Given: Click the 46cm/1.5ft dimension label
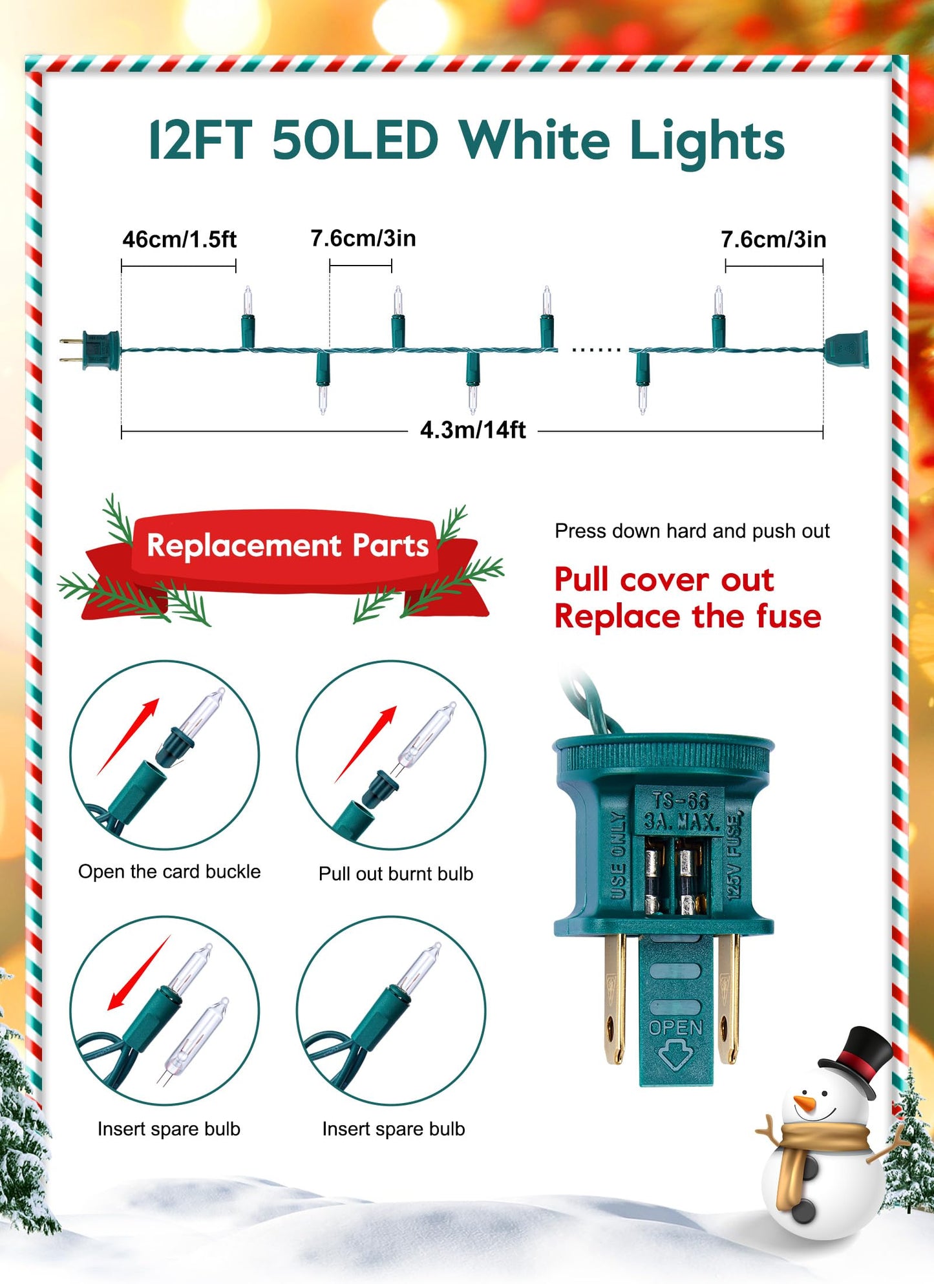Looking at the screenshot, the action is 179,240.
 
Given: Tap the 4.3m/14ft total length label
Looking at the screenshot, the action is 472,430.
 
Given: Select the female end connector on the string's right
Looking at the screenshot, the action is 846,349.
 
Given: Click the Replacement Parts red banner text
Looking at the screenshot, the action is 288,545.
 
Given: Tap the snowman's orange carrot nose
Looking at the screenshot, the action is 805,1103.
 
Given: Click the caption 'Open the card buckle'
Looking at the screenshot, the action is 169,872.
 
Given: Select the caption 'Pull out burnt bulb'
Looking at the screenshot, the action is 396,874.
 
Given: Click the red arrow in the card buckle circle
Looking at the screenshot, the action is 128,737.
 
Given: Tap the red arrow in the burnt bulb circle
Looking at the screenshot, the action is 366,744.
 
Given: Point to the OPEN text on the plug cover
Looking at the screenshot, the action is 675,1027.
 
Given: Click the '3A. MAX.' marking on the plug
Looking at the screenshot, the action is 681,822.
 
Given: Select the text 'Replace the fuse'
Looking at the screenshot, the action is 688,616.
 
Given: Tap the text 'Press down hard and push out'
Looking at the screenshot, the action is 692,531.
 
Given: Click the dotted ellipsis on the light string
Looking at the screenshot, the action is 596,350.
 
